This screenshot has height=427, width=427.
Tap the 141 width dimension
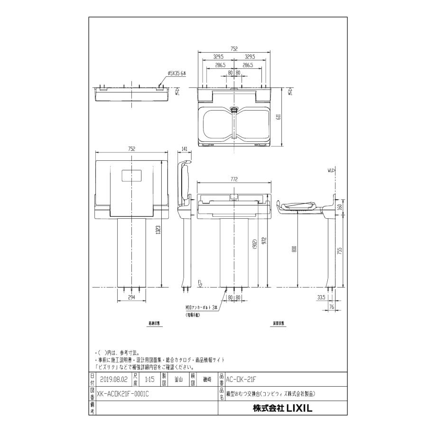pos(184,149)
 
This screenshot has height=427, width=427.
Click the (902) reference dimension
pos(255,244)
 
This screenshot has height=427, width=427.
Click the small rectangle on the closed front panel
pos(131,175)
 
